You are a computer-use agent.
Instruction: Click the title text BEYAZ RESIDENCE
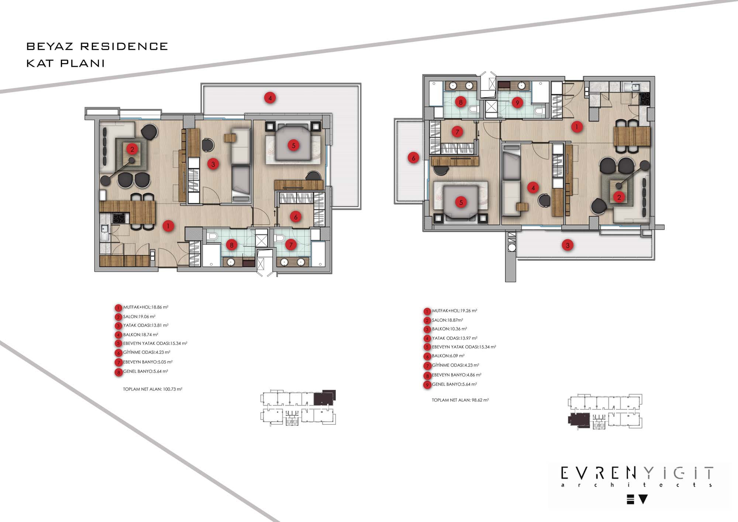[97, 47]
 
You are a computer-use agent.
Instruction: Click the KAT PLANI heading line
[65, 63]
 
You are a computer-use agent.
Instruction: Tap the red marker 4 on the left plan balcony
[270, 98]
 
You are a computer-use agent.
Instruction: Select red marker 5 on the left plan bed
[294, 145]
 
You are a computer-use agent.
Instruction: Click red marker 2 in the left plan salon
[132, 149]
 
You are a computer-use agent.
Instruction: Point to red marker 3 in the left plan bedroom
[213, 164]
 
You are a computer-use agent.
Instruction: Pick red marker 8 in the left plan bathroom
[232, 245]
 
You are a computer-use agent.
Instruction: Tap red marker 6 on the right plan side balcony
[413, 158]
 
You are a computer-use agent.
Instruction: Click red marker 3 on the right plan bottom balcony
[568, 245]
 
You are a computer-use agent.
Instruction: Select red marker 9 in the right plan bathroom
[517, 103]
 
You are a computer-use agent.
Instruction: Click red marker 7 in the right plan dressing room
[457, 132]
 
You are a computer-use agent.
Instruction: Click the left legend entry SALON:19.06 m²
[139, 317]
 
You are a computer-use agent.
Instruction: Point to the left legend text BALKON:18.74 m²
[141, 335]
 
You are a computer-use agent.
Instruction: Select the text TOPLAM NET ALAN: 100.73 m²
[153, 389]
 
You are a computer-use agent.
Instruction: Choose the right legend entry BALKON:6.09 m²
[448, 356]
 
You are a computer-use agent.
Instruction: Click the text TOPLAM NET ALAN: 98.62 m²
[461, 400]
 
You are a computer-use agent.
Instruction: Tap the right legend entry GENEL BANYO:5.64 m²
[455, 384]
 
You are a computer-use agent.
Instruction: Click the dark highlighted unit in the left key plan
[324, 398]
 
